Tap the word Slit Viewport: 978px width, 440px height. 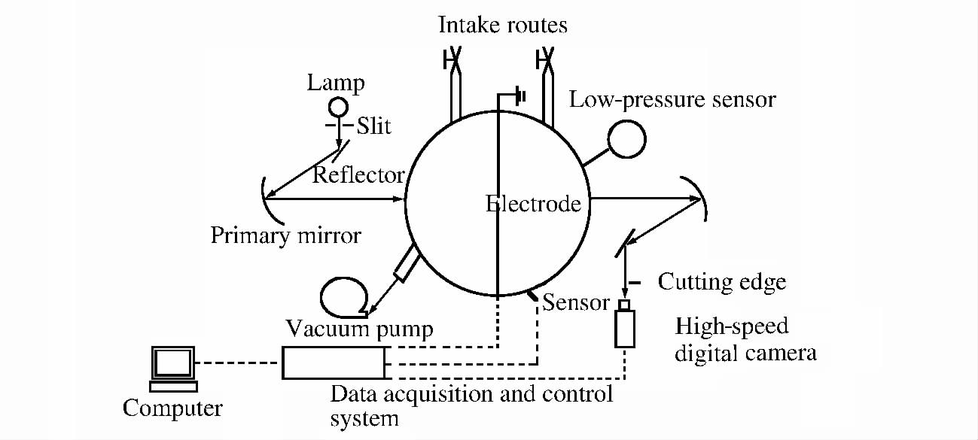tap(373, 126)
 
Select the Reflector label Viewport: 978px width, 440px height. tap(358, 174)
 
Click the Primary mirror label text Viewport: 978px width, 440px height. tap(286, 235)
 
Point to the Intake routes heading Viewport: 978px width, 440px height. tap(503, 26)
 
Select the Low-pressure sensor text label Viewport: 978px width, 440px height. tap(672, 99)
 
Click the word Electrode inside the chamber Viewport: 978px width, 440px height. tap(534, 204)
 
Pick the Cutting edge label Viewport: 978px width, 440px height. tap(722, 282)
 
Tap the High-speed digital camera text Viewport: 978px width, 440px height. tap(745, 339)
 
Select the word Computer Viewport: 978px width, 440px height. tap(172, 408)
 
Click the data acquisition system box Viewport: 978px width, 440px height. tap(334, 363)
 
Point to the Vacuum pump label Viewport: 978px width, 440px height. tap(360, 329)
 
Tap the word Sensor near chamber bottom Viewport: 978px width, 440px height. tap(576, 302)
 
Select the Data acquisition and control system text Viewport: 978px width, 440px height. tap(471, 405)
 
